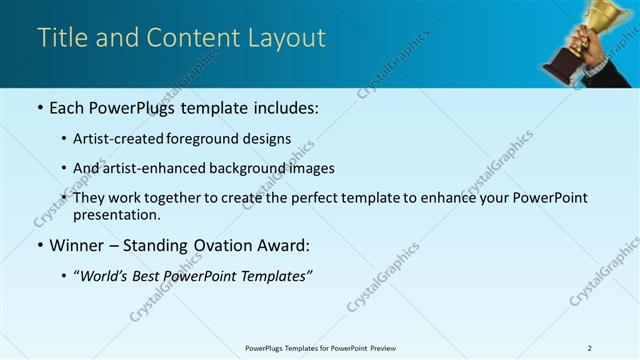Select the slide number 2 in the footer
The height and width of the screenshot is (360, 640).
(589, 347)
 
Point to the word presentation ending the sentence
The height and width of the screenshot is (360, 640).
(115, 215)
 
